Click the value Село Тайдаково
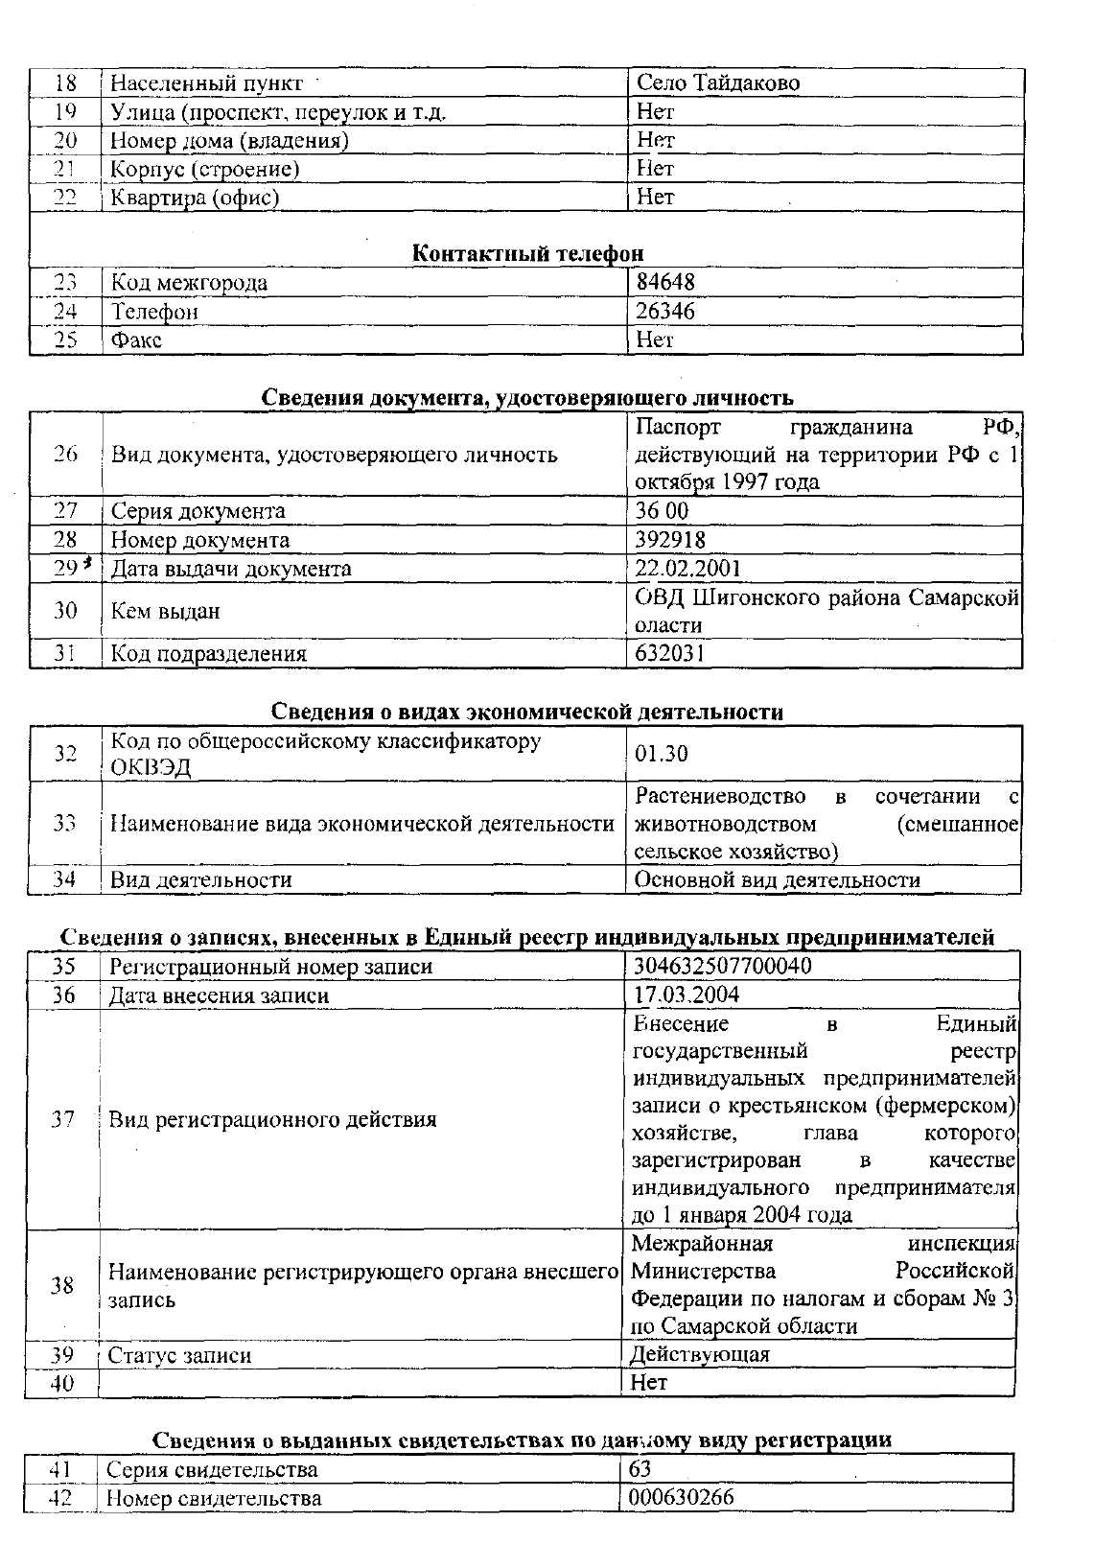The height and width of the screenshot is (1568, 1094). click(x=717, y=83)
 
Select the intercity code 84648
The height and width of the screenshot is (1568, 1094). click(x=665, y=283)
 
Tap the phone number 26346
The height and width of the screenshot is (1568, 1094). click(x=665, y=312)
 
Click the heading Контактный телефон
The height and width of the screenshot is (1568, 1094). click(x=527, y=253)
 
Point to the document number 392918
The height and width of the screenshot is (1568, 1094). click(x=670, y=540)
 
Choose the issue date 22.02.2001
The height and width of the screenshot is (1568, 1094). click(x=687, y=569)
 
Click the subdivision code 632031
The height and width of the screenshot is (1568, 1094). click(x=669, y=654)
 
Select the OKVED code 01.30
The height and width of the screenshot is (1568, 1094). click(x=662, y=754)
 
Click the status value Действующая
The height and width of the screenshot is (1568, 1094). click(x=700, y=1354)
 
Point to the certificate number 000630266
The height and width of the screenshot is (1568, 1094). click(x=681, y=1497)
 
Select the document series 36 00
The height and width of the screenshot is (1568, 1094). click(x=662, y=511)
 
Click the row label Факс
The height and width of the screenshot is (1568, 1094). click(x=136, y=340)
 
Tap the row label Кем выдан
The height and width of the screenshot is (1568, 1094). click(x=165, y=611)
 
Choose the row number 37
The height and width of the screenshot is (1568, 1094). click(x=63, y=1119)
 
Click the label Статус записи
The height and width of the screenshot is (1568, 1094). click(x=179, y=1355)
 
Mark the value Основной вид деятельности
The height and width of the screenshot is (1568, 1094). click(x=777, y=879)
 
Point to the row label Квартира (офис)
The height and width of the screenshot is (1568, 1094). click(x=195, y=199)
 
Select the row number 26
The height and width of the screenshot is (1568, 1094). click(x=65, y=454)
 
